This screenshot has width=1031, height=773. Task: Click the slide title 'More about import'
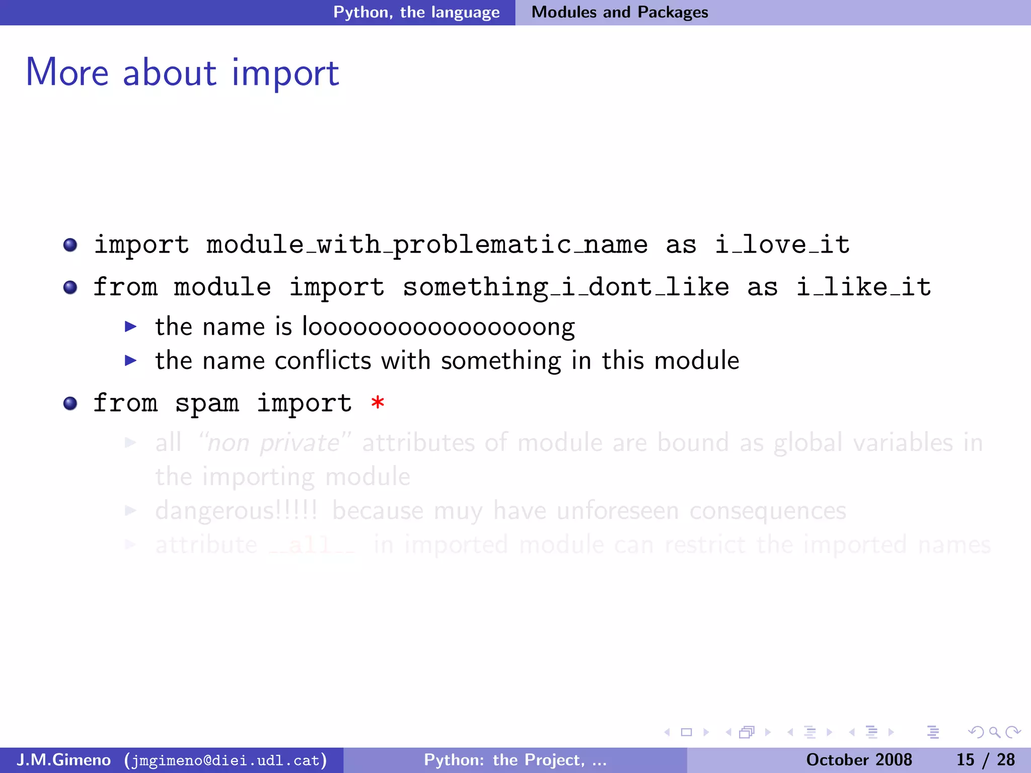[x=182, y=73]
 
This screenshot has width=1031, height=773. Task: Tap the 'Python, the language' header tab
[x=416, y=12]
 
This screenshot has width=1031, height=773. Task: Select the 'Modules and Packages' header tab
[x=620, y=12]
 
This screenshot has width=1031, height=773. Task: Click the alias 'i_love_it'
[x=782, y=245]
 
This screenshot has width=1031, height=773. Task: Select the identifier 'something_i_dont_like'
[x=566, y=287]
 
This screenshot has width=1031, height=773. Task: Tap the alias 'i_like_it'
[x=863, y=287]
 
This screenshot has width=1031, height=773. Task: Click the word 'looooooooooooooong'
[x=438, y=328]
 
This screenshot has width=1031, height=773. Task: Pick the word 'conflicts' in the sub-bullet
[x=322, y=361]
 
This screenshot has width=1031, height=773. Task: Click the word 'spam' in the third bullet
[x=207, y=404]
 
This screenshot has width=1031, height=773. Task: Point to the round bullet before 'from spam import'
[x=70, y=404]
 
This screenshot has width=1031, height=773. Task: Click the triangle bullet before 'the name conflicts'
[x=131, y=360]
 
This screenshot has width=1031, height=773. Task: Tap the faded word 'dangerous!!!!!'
[x=236, y=511]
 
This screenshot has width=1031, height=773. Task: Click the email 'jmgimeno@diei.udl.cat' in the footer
[x=226, y=760]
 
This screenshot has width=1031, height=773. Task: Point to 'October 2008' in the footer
[x=859, y=760]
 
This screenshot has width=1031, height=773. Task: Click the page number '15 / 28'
[x=985, y=760]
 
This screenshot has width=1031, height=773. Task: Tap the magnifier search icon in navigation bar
[x=994, y=732]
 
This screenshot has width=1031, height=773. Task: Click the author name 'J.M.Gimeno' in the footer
[x=63, y=760]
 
